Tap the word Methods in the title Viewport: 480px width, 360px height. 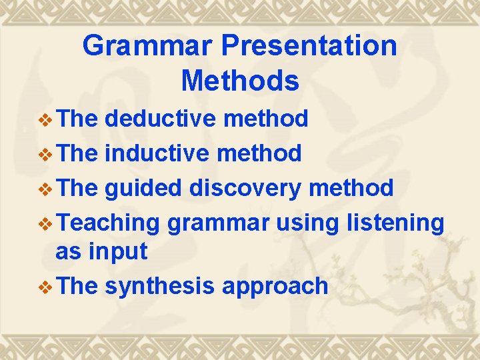click(240, 81)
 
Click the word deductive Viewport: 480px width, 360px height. click(161, 119)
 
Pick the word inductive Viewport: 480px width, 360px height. click(157, 153)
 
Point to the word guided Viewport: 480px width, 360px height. click(144, 189)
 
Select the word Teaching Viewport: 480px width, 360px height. click(107, 223)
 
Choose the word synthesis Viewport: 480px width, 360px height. click(160, 286)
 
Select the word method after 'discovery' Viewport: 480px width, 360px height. click(351, 189)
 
